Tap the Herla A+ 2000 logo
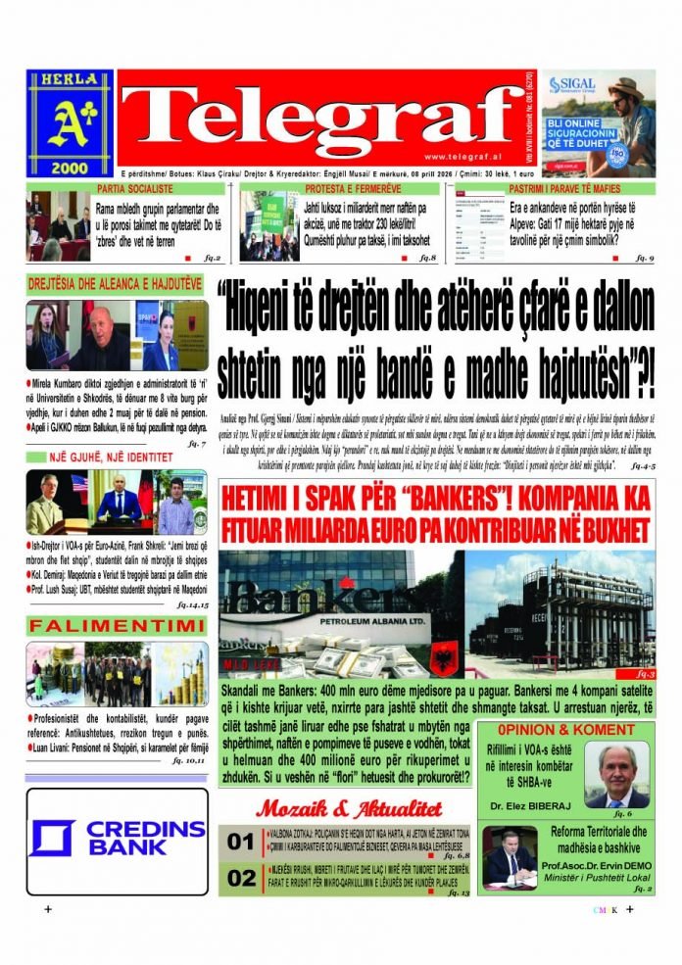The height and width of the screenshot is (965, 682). (70, 122)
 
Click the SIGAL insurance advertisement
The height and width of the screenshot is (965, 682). (598, 122)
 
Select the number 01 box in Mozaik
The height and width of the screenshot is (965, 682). (240, 842)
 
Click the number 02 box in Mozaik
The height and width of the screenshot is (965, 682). (240, 879)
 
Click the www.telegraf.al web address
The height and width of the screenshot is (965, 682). (465, 157)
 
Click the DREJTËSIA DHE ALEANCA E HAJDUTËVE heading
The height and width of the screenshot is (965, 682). (115, 284)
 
